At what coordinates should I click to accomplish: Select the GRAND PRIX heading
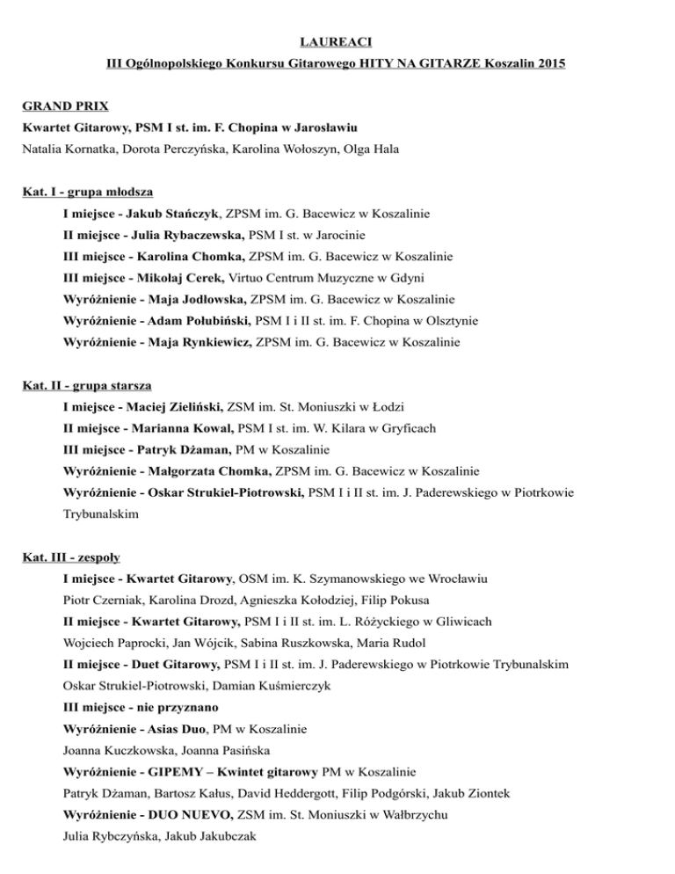click(66, 106)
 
